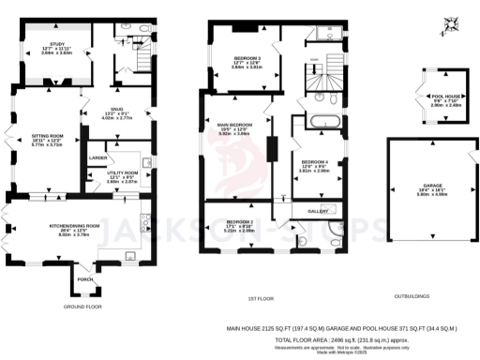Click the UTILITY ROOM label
pos(122,172)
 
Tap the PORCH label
pos(85,278)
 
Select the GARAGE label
pos(433,187)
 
